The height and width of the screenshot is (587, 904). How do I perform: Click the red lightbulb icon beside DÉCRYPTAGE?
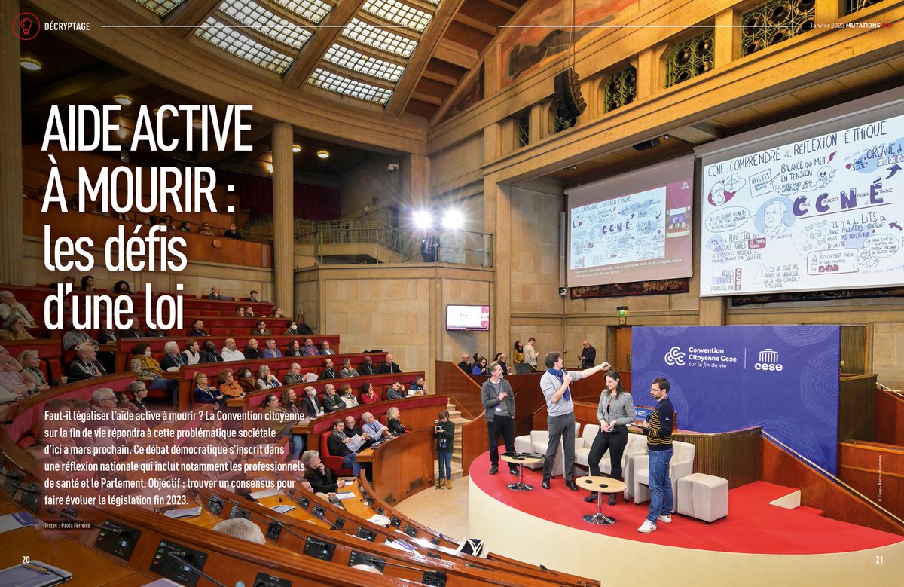pos(26,26)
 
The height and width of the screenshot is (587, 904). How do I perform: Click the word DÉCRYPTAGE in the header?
pos(67,26)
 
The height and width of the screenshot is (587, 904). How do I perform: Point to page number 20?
pos(26,560)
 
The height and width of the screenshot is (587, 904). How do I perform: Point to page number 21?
pos(878,560)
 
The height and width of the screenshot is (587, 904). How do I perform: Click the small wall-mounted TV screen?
pos(467,317)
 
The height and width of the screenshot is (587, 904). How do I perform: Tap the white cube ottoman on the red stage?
pos(702,497)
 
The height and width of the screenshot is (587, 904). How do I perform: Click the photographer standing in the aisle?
pos(444,445)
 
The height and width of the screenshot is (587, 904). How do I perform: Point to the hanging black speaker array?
pos(570,93)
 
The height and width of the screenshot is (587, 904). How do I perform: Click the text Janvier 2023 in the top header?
pos(826,26)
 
